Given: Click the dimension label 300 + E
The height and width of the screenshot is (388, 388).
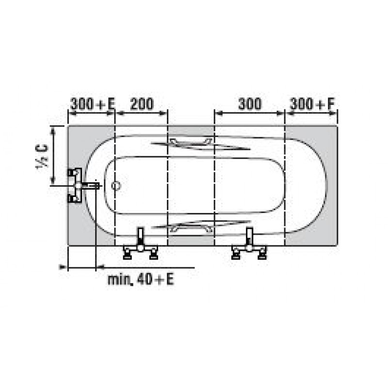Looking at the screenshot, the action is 93,104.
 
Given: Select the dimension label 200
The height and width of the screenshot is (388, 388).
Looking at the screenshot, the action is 142,104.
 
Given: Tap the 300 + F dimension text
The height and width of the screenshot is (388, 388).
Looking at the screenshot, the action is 312,104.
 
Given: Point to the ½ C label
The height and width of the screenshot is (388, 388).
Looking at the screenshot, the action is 42,156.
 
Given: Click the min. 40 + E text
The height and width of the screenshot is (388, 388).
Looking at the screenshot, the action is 141,279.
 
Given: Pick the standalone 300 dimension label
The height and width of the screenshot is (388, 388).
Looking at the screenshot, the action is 250,104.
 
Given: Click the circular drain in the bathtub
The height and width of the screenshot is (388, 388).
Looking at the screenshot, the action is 116,185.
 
